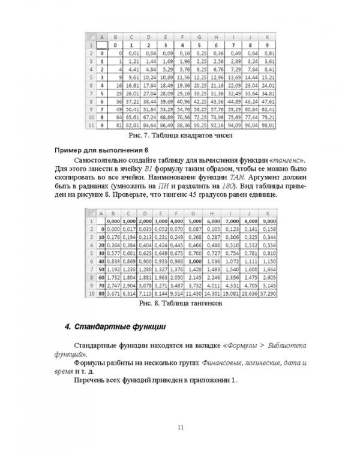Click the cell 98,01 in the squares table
point(268,127)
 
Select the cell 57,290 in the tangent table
point(267,296)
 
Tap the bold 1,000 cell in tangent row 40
point(193,262)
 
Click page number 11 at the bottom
point(180,427)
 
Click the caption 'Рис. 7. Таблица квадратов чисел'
point(179,137)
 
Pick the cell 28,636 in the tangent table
point(248,296)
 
